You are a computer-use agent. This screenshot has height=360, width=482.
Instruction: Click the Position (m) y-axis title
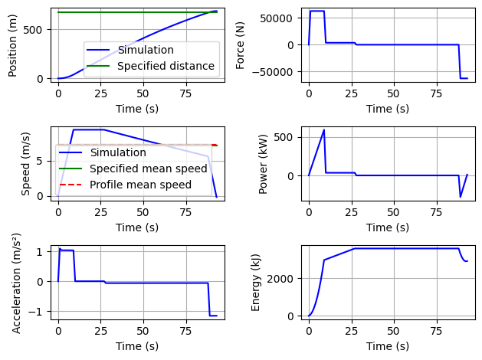pos(13,44)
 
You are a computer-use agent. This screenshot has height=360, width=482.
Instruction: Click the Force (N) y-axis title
pos(241,44)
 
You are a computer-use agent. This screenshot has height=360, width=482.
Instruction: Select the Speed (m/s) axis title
pos(25,163)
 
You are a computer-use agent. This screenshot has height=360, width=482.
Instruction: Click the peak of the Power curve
pos(324,130)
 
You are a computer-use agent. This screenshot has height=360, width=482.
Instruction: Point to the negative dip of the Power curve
pos(461,197)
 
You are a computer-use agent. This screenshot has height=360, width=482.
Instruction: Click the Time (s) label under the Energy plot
pos(387,346)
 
